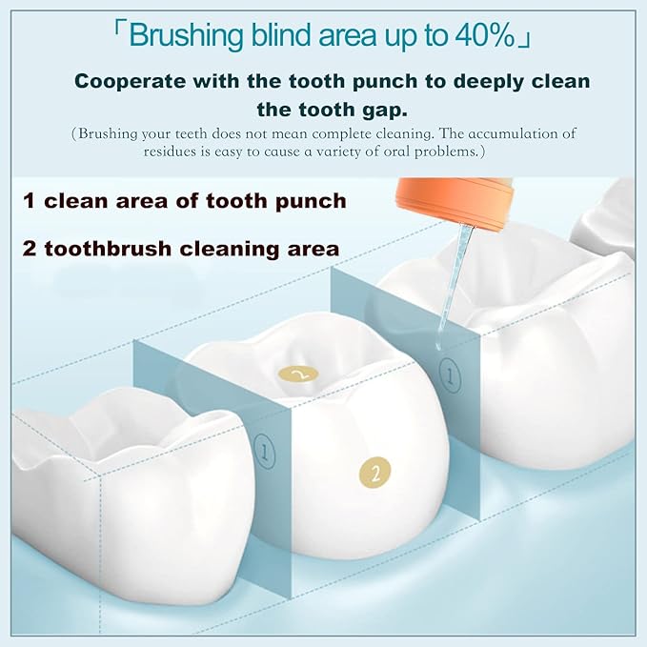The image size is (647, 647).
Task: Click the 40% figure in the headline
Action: tap(485, 35)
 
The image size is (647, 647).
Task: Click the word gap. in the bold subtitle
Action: tap(385, 110)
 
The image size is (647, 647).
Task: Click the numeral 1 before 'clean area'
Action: tap(29, 201)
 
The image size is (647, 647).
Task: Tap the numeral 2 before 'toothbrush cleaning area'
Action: tap(30, 249)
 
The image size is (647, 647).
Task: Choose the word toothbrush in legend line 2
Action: tap(108, 249)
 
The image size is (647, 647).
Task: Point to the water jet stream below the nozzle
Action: tap(455, 288)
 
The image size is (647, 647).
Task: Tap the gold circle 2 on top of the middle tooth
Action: tap(298, 375)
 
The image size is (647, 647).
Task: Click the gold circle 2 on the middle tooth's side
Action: tap(374, 473)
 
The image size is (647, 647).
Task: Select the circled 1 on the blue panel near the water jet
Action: tap(450, 375)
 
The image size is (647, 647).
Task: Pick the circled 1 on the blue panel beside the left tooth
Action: tap(265, 453)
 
